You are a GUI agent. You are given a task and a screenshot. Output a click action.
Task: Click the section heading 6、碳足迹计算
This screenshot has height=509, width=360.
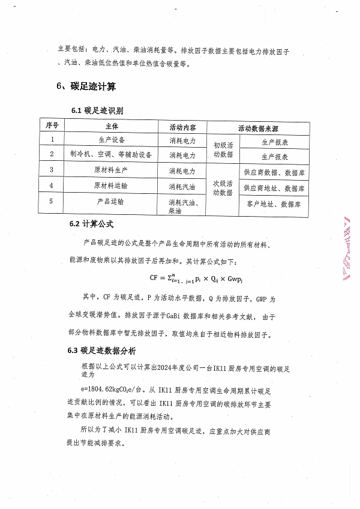point(83,86)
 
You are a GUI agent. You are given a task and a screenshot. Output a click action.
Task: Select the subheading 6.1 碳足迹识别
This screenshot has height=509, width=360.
point(97,111)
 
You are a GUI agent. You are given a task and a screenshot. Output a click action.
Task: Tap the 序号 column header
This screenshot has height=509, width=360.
point(52,127)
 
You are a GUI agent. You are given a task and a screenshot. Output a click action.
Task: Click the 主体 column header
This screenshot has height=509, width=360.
point(112,127)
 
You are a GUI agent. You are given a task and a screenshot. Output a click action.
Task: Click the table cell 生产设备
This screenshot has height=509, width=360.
point(112,140)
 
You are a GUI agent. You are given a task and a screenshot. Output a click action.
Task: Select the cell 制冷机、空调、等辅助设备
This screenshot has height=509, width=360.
point(112,155)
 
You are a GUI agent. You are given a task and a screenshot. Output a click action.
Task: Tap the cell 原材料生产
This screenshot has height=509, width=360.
point(112,170)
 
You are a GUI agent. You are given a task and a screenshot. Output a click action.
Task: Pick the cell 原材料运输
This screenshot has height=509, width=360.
point(112,186)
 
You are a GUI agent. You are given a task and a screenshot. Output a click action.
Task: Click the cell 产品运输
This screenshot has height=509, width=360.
point(112,202)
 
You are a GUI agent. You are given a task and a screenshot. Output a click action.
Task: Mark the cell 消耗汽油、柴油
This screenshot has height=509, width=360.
point(187,206)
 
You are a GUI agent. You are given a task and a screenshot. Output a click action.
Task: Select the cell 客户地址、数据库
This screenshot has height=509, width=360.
point(274,205)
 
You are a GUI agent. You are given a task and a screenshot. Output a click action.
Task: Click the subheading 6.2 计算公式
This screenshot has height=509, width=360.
point(92,224)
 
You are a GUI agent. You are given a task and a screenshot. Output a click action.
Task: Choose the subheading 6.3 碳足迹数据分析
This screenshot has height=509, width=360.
point(101,351)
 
